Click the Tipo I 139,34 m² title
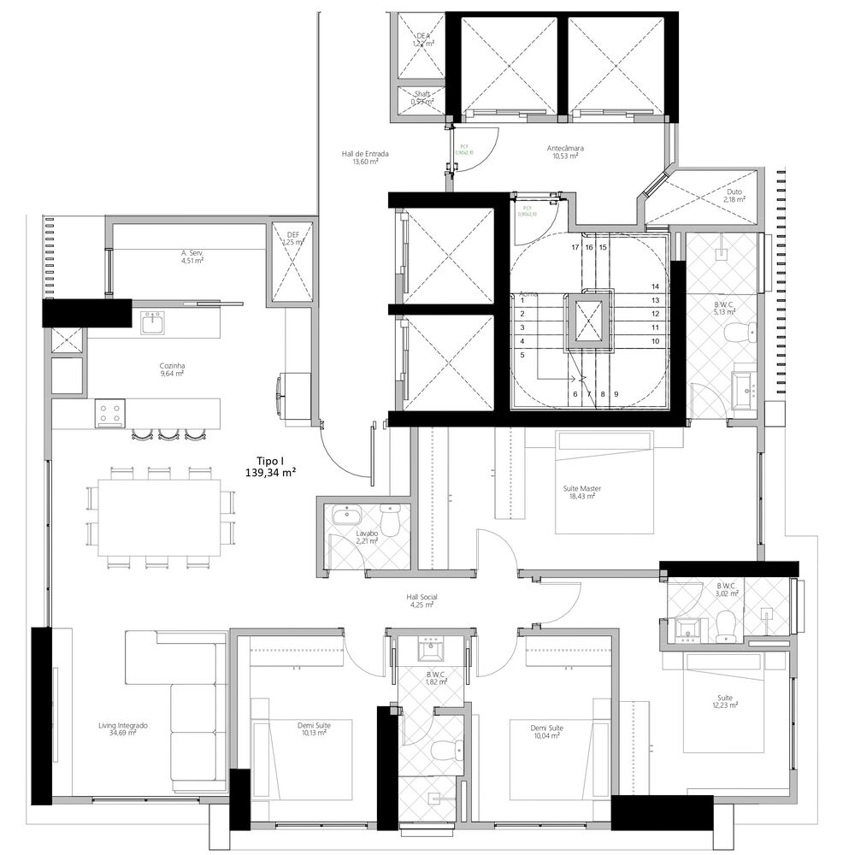tap(270, 465)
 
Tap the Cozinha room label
tap(171, 369)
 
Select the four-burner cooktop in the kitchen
tap(110, 413)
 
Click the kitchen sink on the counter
tap(153, 323)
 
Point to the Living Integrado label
tap(123, 728)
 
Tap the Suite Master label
tap(581, 492)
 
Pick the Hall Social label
tap(421, 600)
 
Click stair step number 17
tap(575, 247)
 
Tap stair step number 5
tap(522, 353)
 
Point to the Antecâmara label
tap(565, 151)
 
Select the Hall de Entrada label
tap(365, 157)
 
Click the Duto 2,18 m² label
tap(734, 196)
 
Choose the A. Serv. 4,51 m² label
tap(192, 257)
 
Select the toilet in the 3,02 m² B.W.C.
tap(726, 626)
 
